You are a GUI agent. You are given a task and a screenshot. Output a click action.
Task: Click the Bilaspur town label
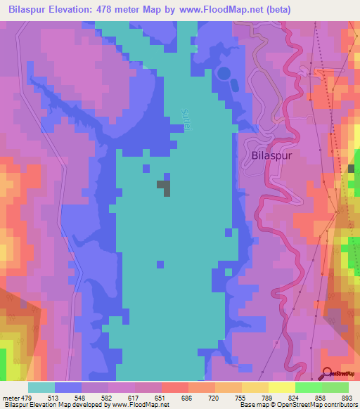tap(272, 157)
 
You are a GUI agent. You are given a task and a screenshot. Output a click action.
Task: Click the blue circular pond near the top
tap(224, 73)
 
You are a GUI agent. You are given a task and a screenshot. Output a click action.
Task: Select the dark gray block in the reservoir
tap(164, 187)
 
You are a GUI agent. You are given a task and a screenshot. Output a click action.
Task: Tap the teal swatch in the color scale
tap(41, 387)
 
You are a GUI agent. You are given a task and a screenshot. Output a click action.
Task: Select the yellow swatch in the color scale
tap(281, 387)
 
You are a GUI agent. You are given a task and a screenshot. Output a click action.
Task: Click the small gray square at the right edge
tap(352, 169)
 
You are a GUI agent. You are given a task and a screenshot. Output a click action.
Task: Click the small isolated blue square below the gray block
tap(160, 264)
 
